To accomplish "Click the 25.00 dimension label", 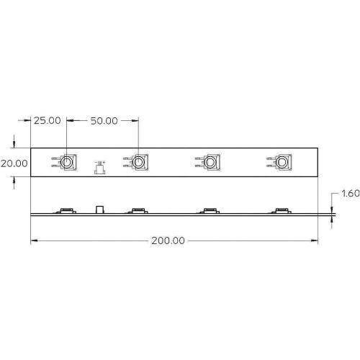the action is pos(48,120).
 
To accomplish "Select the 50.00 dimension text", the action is pos(104,121).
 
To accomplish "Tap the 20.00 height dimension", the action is pos(14,163).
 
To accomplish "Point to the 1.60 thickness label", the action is pos(351,193).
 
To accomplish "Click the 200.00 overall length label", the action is pos(168,240).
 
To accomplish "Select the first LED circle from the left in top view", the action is pos(66,162).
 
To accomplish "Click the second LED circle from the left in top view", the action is pos(138,162).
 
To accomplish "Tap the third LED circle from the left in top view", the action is pos(210,162).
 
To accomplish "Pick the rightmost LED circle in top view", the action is pos(281,162).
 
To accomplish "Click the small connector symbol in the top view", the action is pos(100,168).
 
